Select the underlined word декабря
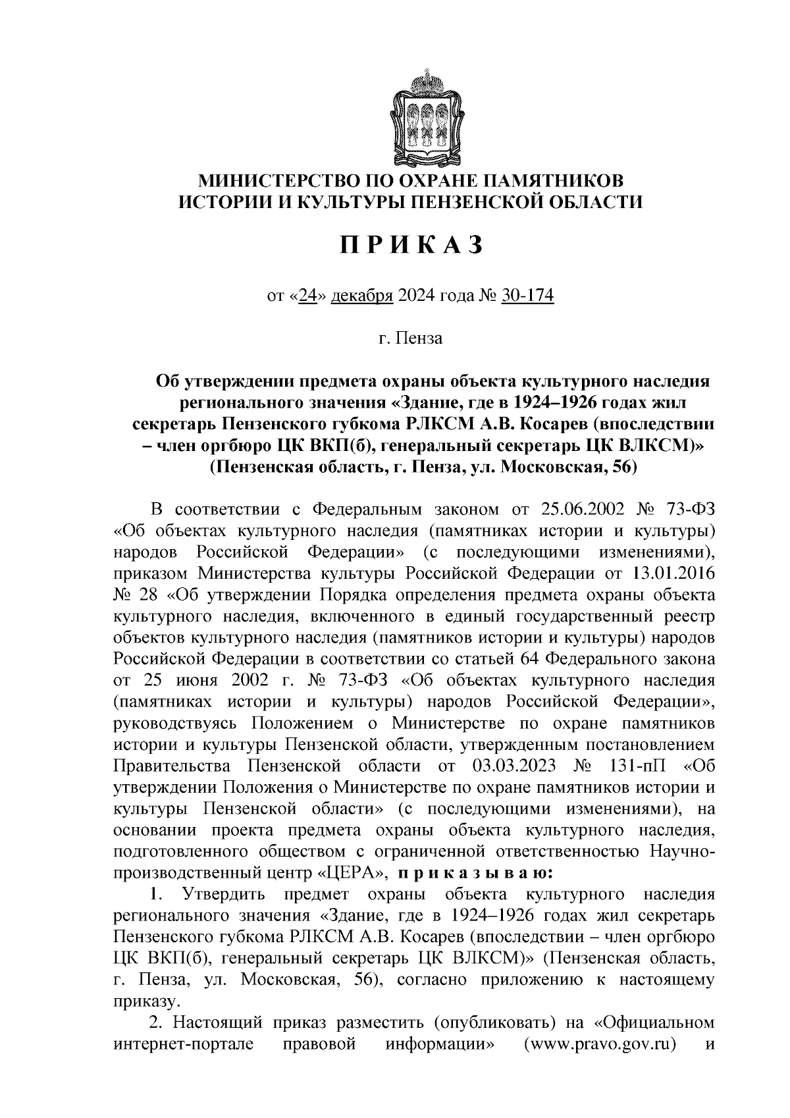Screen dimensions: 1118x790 click(x=361, y=297)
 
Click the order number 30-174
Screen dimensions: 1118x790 click(x=527, y=297)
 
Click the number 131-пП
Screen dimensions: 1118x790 click(x=634, y=766)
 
